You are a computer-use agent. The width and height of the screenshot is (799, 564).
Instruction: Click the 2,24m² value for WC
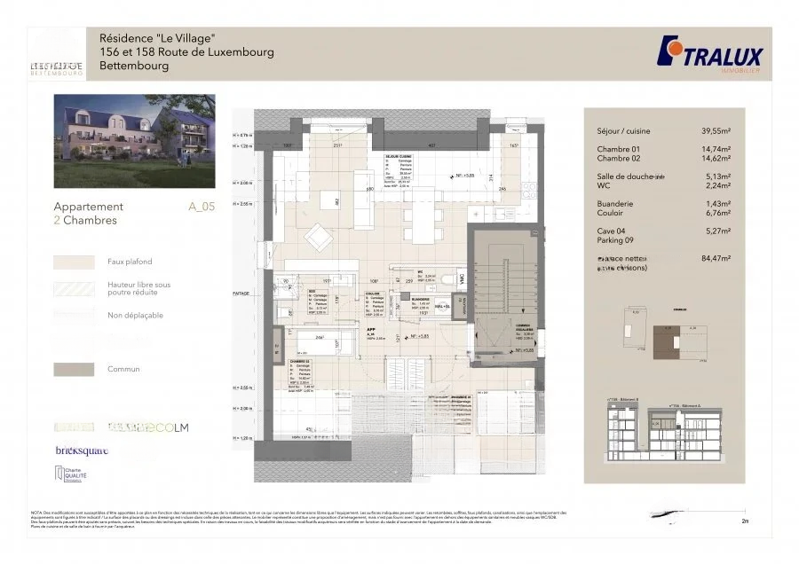tap(715, 186)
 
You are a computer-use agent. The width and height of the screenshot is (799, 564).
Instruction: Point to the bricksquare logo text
tap(82, 450)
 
